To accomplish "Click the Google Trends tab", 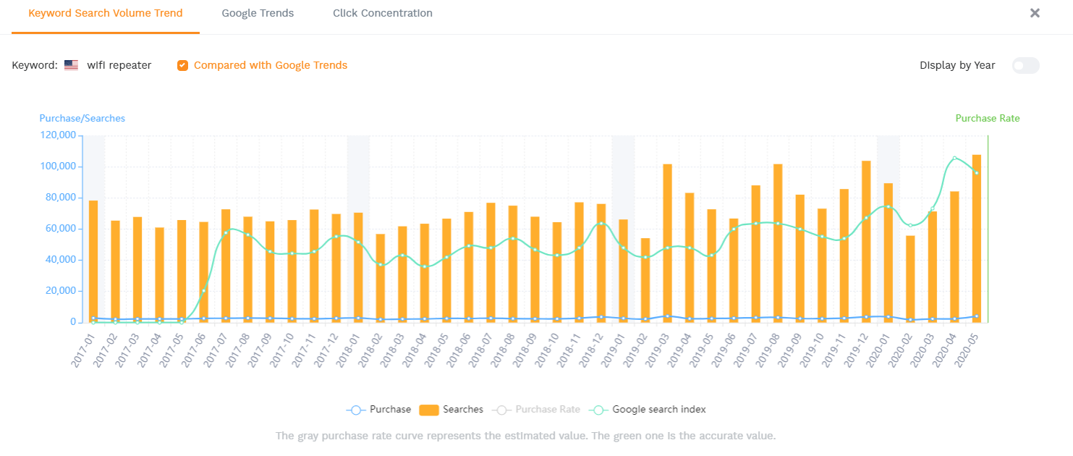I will click(x=258, y=13).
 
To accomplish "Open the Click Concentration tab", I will click(x=383, y=13).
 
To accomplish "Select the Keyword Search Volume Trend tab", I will click(x=106, y=13).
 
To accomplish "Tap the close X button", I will click(x=1035, y=13).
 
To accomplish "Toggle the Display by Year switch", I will click(x=1025, y=65).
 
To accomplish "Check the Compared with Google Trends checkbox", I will click(x=182, y=65).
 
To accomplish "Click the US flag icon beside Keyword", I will click(x=71, y=65).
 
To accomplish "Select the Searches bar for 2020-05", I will click(x=976, y=238).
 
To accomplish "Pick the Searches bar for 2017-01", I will click(x=93, y=261).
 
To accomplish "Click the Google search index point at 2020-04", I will click(x=954, y=158).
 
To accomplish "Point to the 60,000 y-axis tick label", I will click(x=60, y=229).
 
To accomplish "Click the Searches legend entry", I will click(x=451, y=410).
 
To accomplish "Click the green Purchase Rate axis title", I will click(x=987, y=118).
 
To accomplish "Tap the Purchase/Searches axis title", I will click(x=82, y=118).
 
